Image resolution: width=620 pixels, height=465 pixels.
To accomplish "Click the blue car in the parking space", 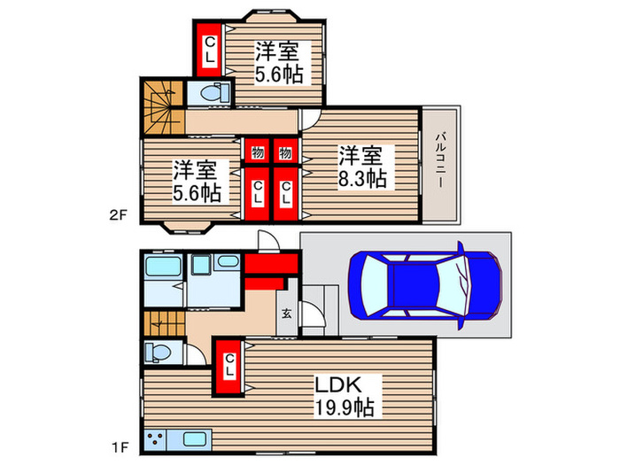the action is [425, 285].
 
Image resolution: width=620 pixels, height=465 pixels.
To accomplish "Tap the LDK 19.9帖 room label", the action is [344, 396].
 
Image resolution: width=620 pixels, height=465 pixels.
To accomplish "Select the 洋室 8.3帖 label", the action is [361, 167].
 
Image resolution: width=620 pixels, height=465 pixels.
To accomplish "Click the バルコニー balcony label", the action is [439, 159].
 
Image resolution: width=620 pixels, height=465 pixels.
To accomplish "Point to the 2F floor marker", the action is [118, 215].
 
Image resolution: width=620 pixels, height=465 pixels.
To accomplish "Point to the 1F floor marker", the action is [120, 447].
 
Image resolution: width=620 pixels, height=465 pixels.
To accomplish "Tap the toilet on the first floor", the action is [158, 352].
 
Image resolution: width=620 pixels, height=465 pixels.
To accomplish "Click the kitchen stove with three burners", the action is [155, 440].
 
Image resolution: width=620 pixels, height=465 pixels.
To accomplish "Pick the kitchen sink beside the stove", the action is [194, 439].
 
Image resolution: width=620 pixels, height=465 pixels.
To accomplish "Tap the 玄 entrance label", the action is [287, 314].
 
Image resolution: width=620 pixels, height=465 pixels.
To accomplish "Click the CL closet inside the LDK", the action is [229, 366].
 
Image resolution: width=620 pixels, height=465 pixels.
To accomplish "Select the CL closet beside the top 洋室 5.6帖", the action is [209, 50].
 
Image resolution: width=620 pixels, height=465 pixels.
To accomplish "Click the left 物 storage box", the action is [258, 151].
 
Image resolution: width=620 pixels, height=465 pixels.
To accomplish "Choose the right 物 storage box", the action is [285, 151].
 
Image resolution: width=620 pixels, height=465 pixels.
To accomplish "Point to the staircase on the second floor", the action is [163, 107].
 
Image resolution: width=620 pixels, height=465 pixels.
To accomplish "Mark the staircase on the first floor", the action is [164, 323].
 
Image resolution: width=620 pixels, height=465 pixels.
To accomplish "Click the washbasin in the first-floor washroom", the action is [229, 261].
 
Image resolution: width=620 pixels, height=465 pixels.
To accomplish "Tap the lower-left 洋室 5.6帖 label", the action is [197, 181].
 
